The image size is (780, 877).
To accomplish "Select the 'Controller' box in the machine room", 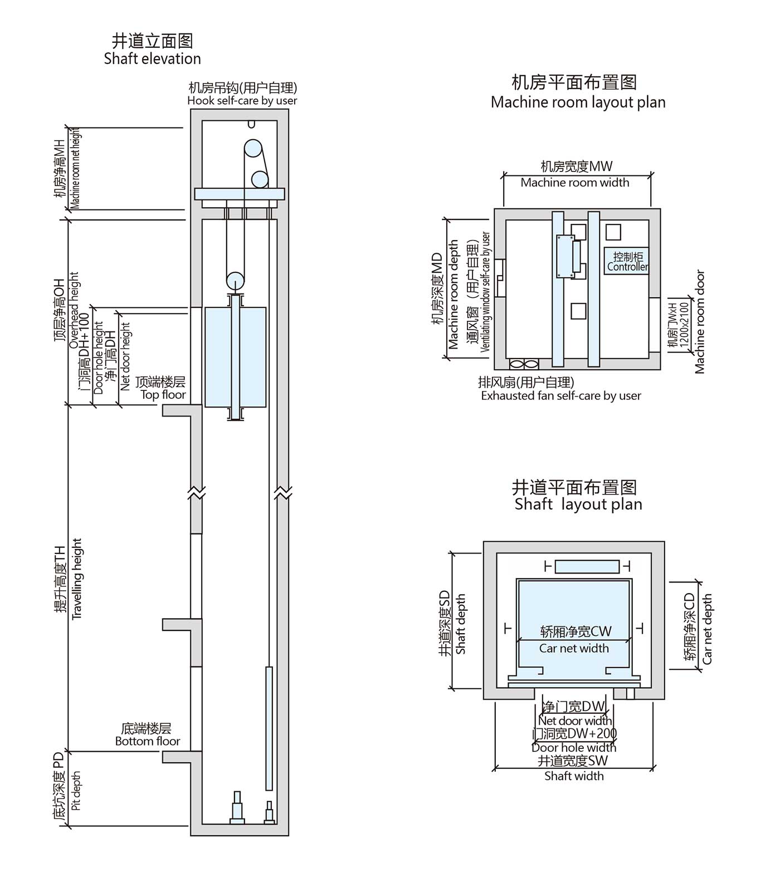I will (x=627, y=261).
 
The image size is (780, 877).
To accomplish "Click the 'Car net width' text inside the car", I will (x=574, y=648).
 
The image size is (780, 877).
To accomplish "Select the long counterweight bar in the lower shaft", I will (x=269, y=728).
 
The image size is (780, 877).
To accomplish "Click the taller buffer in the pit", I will (x=238, y=808).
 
